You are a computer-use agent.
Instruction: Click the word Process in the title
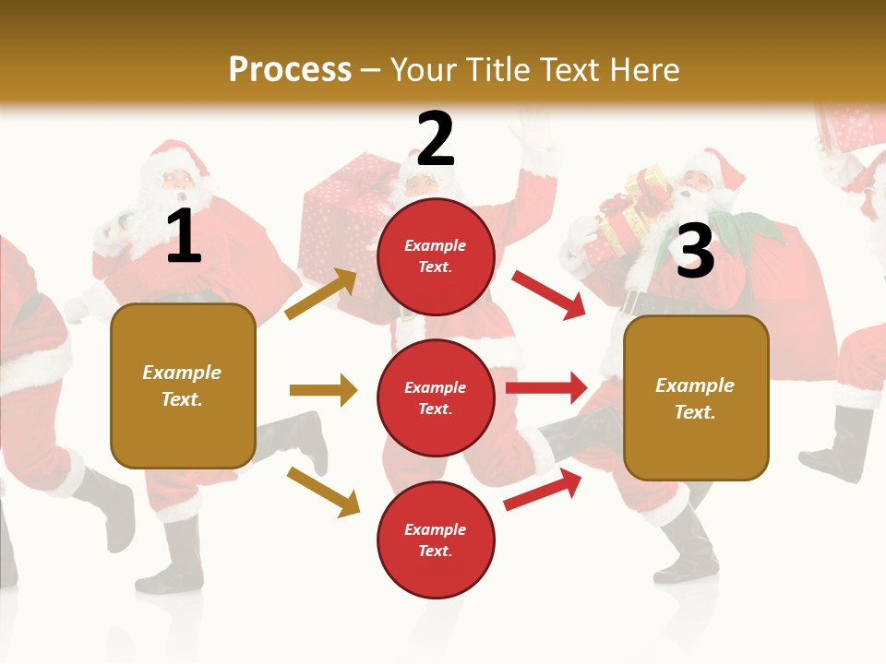pyautogui.click(x=290, y=69)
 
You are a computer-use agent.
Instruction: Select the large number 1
pyautogui.click(x=184, y=236)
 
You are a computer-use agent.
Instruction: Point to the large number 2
pyautogui.click(x=436, y=138)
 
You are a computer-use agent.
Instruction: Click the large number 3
pyautogui.click(x=695, y=251)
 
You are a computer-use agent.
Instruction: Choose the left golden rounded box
pyautogui.click(x=183, y=385)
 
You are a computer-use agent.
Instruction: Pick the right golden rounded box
pyautogui.click(x=696, y=397)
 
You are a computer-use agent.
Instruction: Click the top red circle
pyautogui.click(x=436, y=256)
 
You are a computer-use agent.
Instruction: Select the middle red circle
pyautogui.click(x=436, y=397)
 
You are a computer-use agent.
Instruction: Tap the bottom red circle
pyautogui.click(x=436, y=539)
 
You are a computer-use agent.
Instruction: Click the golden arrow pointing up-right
pyautogui.click(x=321, y=294)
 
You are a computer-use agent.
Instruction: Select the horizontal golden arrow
pyautogui.click(x=323, y=390)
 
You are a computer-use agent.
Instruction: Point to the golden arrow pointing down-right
pyautogui.click(x=323, y=492)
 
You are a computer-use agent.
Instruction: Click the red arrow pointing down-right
pyautogui.click(x=549, y=294)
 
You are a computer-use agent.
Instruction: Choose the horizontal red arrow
pyautogui.click(x=546, y=388)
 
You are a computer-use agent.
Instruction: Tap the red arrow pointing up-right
pyautogui.click(x=543, y=489)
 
